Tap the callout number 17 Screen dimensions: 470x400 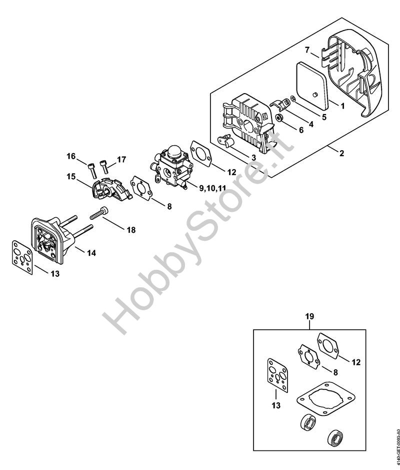pos(121,160)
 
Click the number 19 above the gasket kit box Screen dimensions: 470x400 pos(310,316)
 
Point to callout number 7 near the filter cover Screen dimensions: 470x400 pos(308,50)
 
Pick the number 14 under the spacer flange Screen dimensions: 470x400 pos(91,253)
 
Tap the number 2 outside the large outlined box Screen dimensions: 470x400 pos(341,153)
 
